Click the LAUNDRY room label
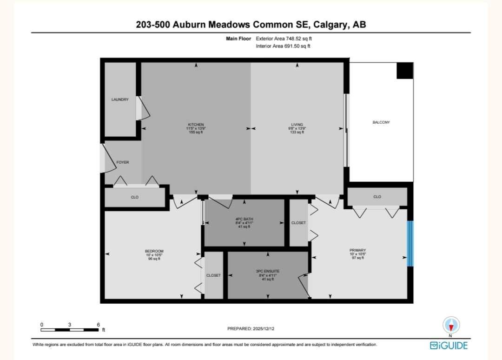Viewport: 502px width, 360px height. click(120, 100)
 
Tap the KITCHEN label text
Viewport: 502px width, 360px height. click(196, 125)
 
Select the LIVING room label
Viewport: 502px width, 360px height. click(297, 125)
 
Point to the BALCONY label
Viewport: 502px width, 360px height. click(381, 122)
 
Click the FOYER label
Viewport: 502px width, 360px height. click(123, 162)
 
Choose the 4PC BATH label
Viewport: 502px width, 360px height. click(244, 219)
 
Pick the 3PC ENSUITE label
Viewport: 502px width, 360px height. click(267, 271)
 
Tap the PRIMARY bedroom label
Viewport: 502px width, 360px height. click(358, 250)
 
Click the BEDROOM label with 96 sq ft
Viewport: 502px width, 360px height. click(154, 252)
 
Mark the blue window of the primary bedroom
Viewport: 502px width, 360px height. click(410, 244)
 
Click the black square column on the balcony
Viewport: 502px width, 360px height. click(404, 71)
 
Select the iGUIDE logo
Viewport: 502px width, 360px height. click(449, 345)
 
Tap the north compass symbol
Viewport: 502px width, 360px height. click(451, 325)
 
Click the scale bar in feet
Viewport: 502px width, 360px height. click(70, 330)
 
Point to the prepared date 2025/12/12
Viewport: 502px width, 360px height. click(251, 328)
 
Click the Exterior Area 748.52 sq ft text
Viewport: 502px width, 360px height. click(284, 39)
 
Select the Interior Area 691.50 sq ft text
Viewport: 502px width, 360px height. click(283, 46)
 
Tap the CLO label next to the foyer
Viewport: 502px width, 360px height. click(134, 197)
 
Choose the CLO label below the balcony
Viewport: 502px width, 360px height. click(377, 197)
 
